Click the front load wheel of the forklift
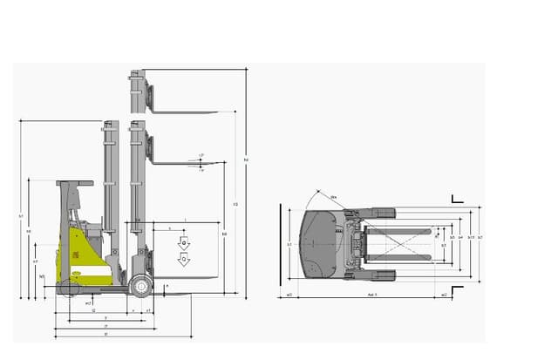click(139, 285)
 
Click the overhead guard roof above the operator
click(75, 183)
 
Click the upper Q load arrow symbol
click(184, 241)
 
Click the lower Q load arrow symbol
click(184, 260)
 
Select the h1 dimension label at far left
click(21, 214)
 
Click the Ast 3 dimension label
click(370, 295)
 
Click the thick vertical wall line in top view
click(280, 244)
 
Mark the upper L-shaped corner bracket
click(456, 200)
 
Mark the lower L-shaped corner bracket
click(457, 288)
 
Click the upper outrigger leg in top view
click(384, 213)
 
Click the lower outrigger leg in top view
click(384, 275)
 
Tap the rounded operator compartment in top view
click(318, 244)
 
